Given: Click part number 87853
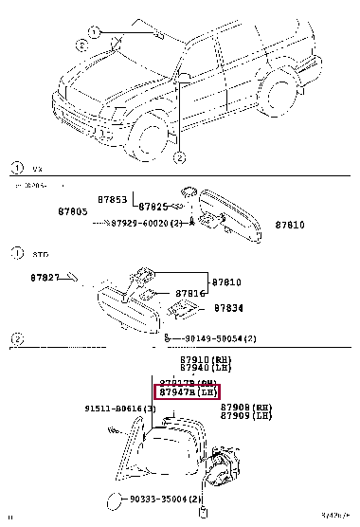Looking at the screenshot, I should tap(113, 199).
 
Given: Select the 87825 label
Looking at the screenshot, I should tap(154, 206).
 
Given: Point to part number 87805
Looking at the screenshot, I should tap(71, 211).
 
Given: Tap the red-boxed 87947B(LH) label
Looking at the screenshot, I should tap(187, 391).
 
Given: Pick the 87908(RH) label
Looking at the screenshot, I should tap(241, 407).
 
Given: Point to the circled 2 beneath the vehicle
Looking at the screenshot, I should tap(178, 158).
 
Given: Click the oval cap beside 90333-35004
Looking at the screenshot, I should tap(111, 500).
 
